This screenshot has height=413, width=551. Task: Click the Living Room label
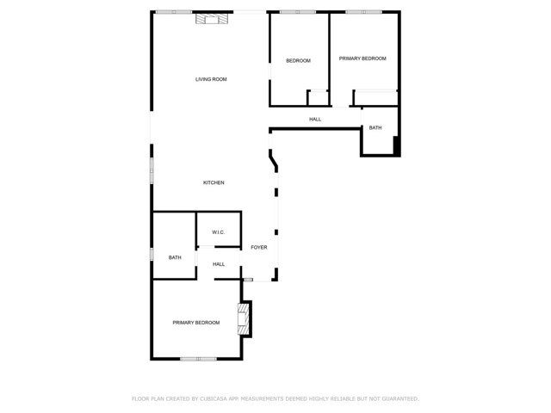tap(211, 79)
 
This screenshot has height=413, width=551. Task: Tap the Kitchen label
tap(214, 182)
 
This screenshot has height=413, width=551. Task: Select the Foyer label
tap(259, 247)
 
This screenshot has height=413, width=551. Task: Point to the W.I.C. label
tap(218, 232)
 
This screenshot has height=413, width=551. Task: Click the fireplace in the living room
tap(212, 19)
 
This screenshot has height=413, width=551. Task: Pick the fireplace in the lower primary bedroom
tap(244, 319)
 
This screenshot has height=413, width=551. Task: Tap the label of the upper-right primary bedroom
tap(362, 59)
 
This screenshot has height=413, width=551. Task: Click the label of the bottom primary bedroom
tap(196, 323)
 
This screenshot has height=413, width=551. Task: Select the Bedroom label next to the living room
tap(299, 61)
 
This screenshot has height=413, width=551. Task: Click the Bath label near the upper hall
tap(375, 128)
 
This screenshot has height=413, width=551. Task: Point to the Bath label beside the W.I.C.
tap(175, 257)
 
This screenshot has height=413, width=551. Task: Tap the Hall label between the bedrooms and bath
tap(315, 120)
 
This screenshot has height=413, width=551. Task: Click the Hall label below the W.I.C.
tap(219, 264)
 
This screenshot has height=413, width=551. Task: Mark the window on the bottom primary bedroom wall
tap(198, 359)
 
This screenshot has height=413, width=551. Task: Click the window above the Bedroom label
tap(298, 12)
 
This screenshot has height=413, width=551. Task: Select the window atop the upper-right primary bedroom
tap(363, 12)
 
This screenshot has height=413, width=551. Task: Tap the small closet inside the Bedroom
tap(318, 97)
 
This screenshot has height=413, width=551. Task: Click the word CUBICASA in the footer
tap(214, 398)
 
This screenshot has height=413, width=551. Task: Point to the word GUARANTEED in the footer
tap(400, 398)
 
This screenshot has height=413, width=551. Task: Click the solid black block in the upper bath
tap(396, 145)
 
